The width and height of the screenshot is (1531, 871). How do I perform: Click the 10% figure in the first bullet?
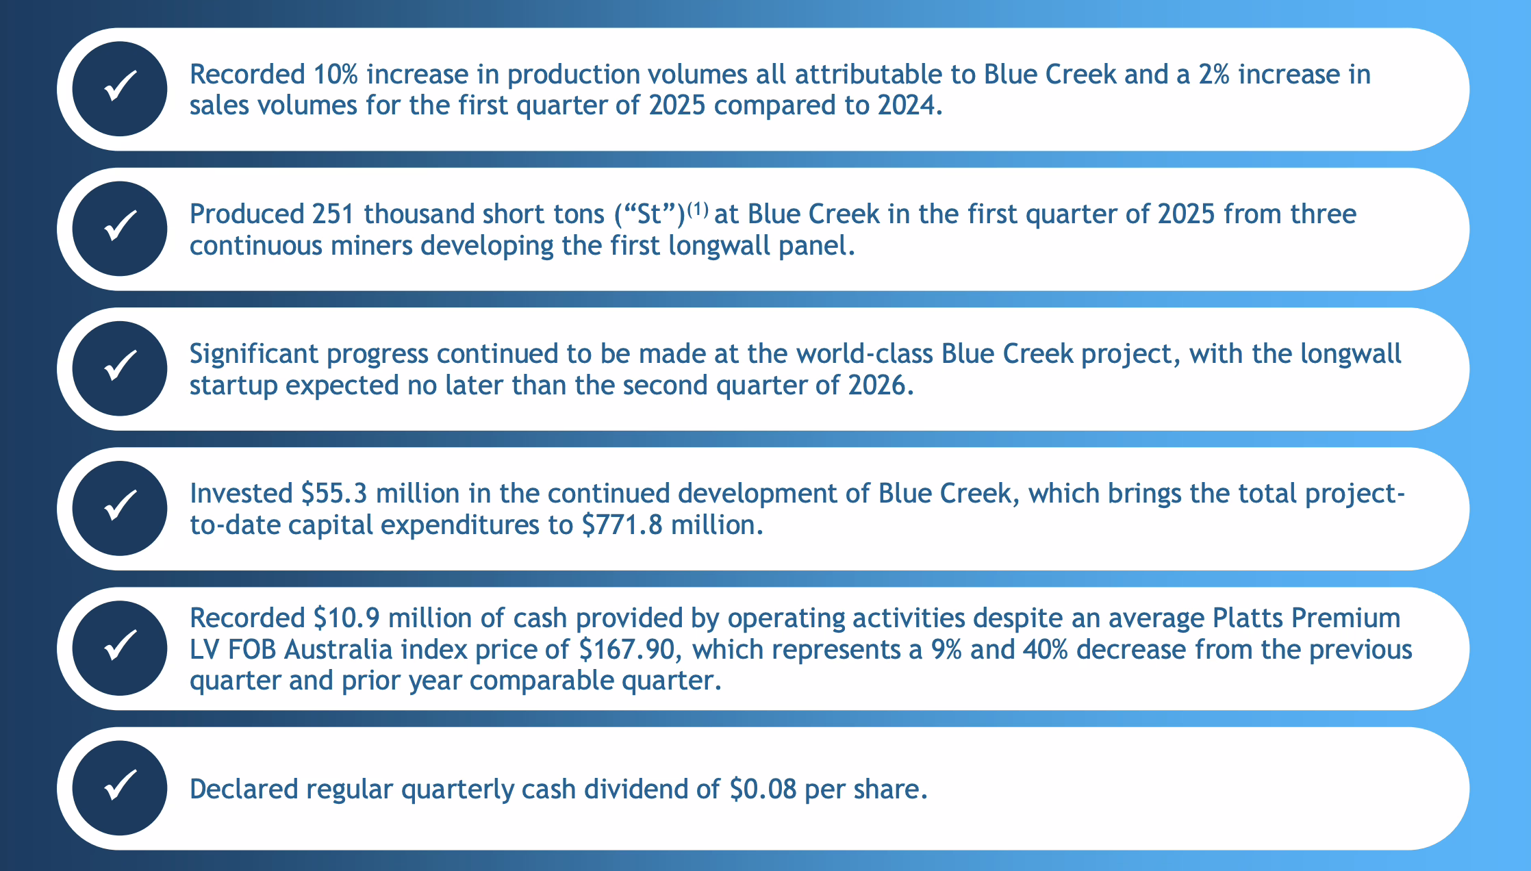point(336,74)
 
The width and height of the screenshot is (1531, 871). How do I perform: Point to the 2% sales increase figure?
point(1214,74)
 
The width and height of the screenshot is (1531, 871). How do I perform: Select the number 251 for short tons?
point(333,214)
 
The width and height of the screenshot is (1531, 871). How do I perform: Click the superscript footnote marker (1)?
point(697,208)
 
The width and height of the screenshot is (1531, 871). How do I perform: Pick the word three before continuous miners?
point(1324,214)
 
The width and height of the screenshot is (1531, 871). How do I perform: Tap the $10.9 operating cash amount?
point(346,618)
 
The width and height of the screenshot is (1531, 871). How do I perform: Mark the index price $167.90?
point(630,650)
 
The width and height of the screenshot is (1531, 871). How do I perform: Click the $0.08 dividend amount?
point(763,790)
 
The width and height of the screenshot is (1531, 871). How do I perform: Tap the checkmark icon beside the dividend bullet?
point(120,788)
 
